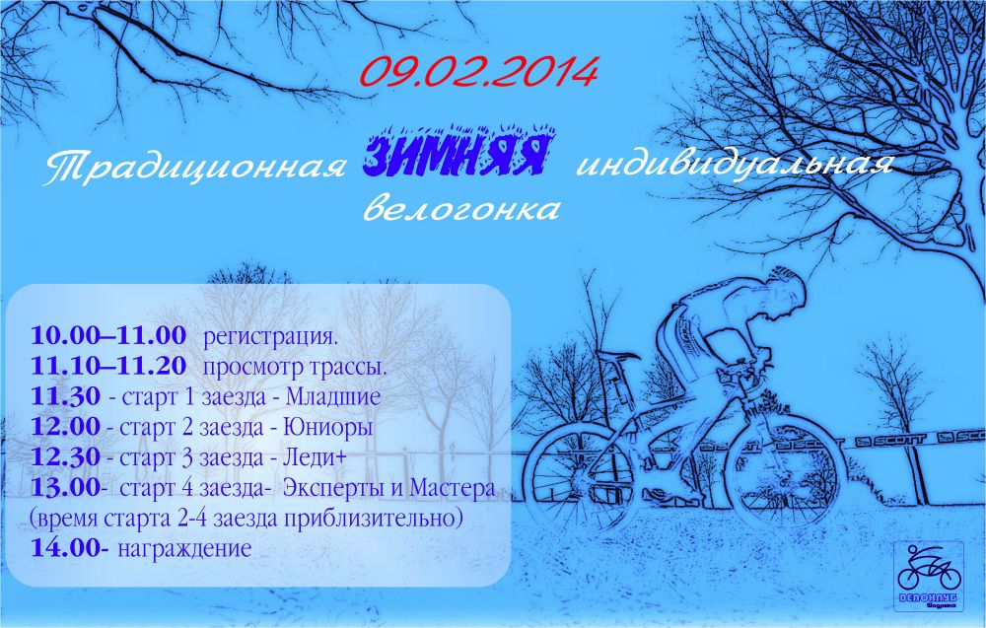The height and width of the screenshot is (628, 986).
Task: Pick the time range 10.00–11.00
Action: pyautogui.click(x=108, y=335)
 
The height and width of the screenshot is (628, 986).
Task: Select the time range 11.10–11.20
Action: pyautogui.click(x=108, y=366)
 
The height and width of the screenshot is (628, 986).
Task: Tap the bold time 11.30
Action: pyautogui.click(x=65, y=396)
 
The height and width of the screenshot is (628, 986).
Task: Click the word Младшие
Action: pyautogui.click(x=333, y=396)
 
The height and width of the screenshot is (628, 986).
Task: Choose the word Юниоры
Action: pyautogui.click(x=328, y=428)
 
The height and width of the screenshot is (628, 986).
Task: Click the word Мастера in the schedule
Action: pyautogui.click(x=452, y=488)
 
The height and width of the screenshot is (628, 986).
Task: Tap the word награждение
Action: pyautogui.click(x=185, y=549)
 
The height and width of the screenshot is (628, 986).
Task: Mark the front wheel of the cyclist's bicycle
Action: pyautogui.click(x=786, y=478)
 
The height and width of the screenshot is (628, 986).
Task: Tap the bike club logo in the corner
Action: pyautogui.click(x=930, y=576)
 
